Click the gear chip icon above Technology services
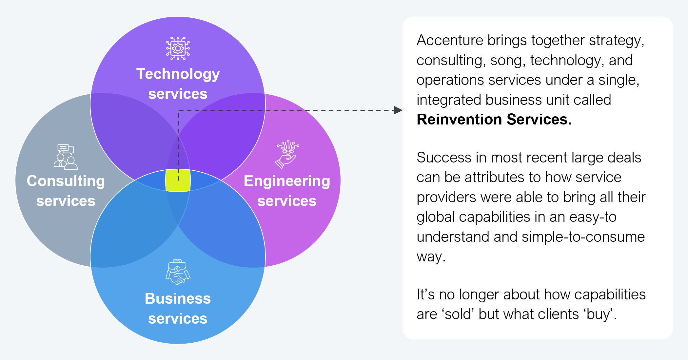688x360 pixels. coord(178,48)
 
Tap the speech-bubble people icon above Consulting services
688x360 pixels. coord(66,157)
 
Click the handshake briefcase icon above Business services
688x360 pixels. coord(178,272)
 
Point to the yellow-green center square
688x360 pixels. coord(178,180)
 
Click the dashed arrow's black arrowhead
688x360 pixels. coord(398,110)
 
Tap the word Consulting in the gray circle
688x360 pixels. coord(66,181)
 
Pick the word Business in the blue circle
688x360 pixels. coord(178,298)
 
